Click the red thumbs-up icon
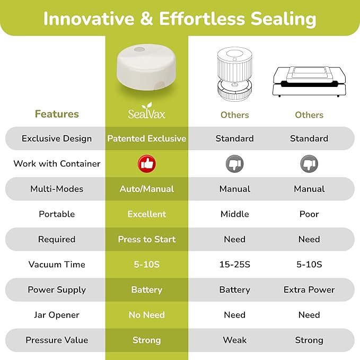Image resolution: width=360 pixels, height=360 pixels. click(x=147, y=164)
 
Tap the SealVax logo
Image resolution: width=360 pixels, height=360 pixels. click(x=147, y=111)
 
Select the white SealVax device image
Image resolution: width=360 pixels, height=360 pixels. click(x=147, y=67)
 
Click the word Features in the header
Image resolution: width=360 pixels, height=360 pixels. click(x=57, y=114)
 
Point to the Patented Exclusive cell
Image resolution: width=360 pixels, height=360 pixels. click(x=147, y=138)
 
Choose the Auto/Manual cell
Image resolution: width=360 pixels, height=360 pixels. click(x=147, y=189)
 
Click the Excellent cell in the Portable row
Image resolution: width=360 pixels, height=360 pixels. click(x=147, y=214)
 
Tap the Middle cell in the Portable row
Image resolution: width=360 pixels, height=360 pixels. click(x=235, y=214)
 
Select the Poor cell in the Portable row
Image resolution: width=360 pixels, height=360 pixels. click(x=309, y=214)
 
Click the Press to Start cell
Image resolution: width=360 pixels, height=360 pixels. click(x=147, y=239)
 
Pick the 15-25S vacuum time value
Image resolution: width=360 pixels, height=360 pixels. click(x=235, y=264)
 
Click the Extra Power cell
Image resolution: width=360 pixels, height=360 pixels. click(x=309, y=289)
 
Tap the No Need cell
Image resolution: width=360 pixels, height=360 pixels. click(x=147, y=315)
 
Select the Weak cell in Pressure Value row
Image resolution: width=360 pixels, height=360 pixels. click(x=235, y=340)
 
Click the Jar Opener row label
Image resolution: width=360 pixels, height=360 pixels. click(x=57, y=315)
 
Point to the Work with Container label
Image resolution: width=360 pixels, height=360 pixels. click(x=57, y=164)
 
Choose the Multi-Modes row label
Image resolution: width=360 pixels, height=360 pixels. click(x=57, y=189)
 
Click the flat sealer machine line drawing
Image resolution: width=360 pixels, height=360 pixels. click(x=309, y=82)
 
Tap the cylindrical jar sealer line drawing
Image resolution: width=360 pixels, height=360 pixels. click(x=235, y=74)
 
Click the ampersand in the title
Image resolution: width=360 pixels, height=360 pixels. click(x=146, y=19)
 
